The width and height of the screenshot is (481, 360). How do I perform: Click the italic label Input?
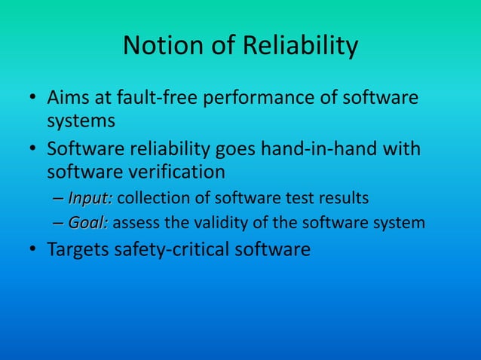(x=90, y=198)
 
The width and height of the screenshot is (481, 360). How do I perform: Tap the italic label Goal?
(x=88, y=223)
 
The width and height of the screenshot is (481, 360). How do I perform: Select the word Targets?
(x=78, y=249)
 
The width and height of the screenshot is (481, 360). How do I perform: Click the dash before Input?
(x=59, y=199)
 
